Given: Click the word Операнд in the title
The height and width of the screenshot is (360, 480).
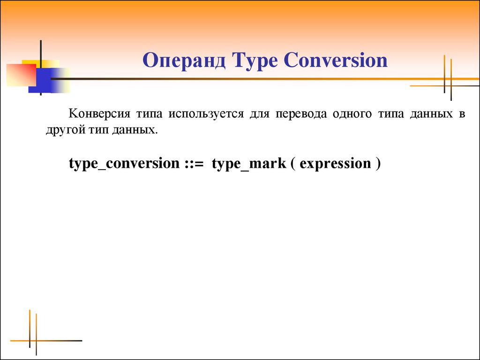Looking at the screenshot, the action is [x=184, y=60].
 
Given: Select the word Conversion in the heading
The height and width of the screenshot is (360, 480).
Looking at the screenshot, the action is [x=336, y=60].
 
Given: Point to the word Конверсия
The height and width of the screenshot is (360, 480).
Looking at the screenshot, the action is [x=99, y=113].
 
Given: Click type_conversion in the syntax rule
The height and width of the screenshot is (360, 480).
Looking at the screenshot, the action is [x=124, y=164].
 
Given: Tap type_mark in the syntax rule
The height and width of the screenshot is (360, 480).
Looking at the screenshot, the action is [x=249, y=164].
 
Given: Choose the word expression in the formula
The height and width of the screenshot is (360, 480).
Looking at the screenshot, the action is [x=336, y=164].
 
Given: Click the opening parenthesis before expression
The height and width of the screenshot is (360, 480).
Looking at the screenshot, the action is [x=293, y=164].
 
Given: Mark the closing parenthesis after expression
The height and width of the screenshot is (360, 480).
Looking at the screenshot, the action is [x=378, y=164].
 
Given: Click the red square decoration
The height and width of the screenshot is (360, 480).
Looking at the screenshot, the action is [x=21, y=75].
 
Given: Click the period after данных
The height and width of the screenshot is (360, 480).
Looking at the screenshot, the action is [x=156, y=134].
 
